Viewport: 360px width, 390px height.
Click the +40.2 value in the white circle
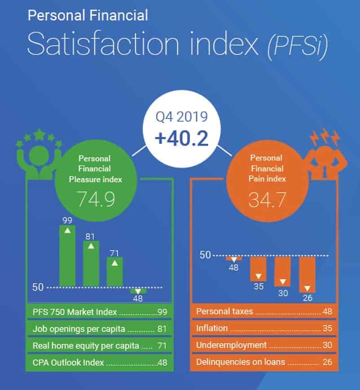pyautogui.click(x=182, y=138)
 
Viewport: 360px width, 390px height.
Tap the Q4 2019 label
pyautogui.click(x=182, y=117)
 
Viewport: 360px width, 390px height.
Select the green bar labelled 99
pyautogui.click(x=67, y=256)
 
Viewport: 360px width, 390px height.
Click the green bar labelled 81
pyautogui.click(x=91, y=264)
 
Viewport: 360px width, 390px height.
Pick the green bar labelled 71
pyautogui.click(x=114, y=272)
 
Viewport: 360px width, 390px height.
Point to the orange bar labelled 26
pyautogui.click(x=307, y=275)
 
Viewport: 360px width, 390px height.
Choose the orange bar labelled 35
pyautogui.click(x=259, y=269)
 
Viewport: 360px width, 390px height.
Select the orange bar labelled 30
pyautogui.click(x=283, y=271)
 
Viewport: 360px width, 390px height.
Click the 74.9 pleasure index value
pyautogui.click(x=96, y=199)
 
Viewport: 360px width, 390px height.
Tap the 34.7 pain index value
pyautogui.click(x=268, y=200)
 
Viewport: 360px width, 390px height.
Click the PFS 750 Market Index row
pyautogui.click(x=99, y=312)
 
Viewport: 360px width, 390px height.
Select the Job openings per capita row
pyautogui.click(x=99, y=329)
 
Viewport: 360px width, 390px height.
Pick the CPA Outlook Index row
pyautogui.click(x=99, y=363)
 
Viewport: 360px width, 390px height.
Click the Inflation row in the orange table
pyautogui.click(x=264, y=328)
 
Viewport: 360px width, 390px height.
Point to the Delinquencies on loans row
pyautogui.click(x=264, y=362)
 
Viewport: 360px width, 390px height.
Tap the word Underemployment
pyautogui.click(x=231, y=345)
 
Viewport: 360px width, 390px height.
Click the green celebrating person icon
pyautogui.click(x=39, y=154)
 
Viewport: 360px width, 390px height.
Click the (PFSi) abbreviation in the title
pyautogui.click(x=298, y=46)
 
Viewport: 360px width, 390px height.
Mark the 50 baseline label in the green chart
pyautogui.click(x=38, y=287)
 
